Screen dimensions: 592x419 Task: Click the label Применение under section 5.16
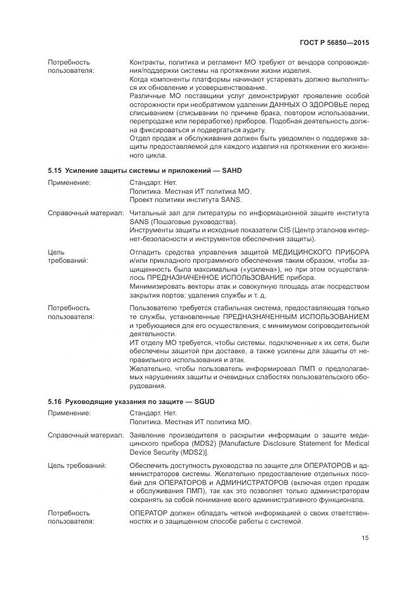(69, 413)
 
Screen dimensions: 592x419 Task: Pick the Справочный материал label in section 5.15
(86, 213)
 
